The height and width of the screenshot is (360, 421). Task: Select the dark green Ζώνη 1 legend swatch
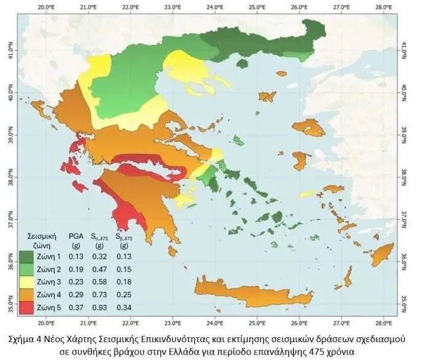click(26, 257)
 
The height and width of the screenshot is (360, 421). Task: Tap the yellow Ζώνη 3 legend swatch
click(26, 282)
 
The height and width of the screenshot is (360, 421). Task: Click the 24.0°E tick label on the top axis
click(214, 6)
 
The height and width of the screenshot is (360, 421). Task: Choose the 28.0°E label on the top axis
click(381, 6)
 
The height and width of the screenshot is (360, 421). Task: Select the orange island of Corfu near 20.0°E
click(45, 112)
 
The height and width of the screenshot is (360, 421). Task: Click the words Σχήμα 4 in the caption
click(31, 338)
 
